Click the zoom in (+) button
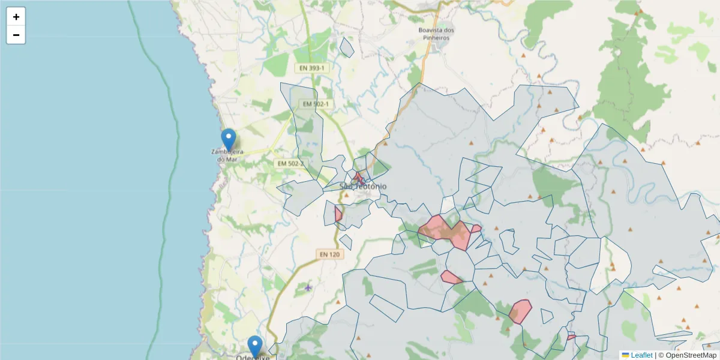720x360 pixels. (x=16, y=17)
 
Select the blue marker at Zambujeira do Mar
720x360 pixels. (x=228, y=140)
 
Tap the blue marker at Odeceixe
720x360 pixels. (x=256, y=346)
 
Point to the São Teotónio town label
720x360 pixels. (x=364, y=187)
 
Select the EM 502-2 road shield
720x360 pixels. (x=290, y=163)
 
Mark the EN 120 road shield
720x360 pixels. (x=329, y=254)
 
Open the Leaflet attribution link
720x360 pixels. (x=641, y=355)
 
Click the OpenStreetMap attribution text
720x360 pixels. (x=687, y=355)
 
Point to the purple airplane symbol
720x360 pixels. (x=308, y=287)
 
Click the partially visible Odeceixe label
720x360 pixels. (x=252, y=357)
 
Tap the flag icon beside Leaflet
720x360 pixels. (x=625, y=355)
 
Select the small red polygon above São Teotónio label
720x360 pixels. (x=358, y=178)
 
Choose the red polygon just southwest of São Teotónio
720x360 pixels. (x=338, y=214)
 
